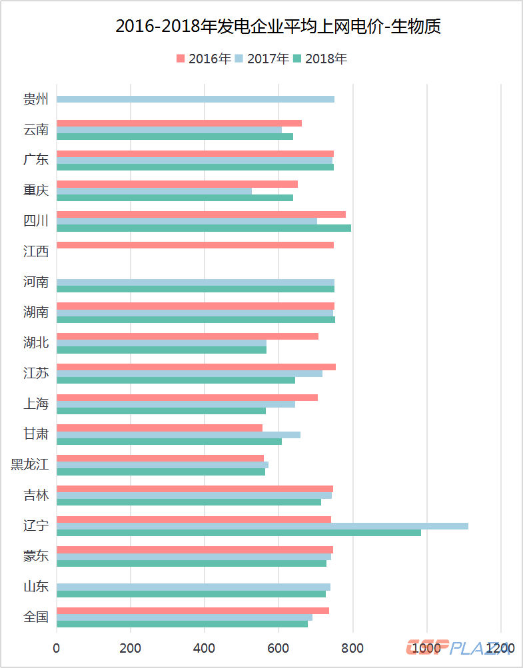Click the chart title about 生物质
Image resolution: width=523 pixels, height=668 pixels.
278,27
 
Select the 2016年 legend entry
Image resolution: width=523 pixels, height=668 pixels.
204,59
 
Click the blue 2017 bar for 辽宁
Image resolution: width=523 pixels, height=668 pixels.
262,526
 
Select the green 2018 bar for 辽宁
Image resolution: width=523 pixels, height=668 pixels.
239,533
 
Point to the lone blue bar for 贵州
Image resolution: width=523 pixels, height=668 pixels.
195,99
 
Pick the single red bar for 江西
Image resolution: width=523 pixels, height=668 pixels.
195,245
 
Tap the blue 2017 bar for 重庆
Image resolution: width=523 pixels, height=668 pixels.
154,191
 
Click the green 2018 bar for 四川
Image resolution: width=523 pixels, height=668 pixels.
203,228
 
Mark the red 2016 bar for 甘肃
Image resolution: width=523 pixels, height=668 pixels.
159,428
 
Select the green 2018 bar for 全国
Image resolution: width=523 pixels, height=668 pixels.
182,624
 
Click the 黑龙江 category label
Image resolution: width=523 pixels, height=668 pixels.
30,465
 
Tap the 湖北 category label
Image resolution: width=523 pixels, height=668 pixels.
36,343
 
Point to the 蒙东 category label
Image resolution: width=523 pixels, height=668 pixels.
36,557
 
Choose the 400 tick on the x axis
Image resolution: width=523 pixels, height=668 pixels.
205,648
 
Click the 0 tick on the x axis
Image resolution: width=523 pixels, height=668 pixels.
57,648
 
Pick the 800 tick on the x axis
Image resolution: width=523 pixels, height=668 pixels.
352,648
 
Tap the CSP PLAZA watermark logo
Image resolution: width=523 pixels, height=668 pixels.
460,648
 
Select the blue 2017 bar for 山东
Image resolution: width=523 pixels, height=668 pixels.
193,587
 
